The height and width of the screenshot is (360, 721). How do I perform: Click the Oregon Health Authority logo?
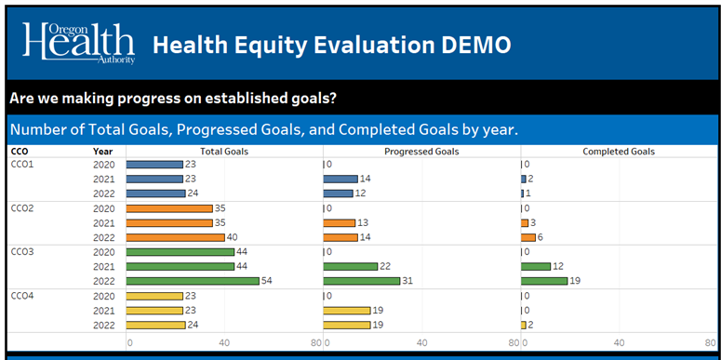(x=79, y=44)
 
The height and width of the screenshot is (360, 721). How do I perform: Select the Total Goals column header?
(x=223, y=151)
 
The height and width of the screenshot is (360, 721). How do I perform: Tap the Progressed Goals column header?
(x=421, y=151)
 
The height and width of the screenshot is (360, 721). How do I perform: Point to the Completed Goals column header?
(x=619, y=151)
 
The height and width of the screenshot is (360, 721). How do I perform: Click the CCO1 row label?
(x=21, y=164)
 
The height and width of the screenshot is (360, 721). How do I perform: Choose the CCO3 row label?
(x=21, y=252)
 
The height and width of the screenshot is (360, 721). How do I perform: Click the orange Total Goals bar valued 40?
(x=175, y=237)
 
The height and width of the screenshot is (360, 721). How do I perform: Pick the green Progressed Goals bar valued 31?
(x=361, y=281)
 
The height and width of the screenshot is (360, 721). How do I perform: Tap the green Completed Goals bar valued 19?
(x=544, y=281)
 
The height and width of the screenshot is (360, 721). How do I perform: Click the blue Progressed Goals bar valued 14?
(x=340, y=179)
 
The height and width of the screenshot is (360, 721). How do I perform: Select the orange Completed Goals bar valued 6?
(x=528, y=237)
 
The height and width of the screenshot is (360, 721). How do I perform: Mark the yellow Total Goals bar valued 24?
(x=155, y=325)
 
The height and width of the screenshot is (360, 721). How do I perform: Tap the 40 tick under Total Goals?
(x=224, y=342)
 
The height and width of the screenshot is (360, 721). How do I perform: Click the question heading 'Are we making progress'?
(x=173, y=98)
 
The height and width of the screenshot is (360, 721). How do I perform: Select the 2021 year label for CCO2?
(x=103, y=222)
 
